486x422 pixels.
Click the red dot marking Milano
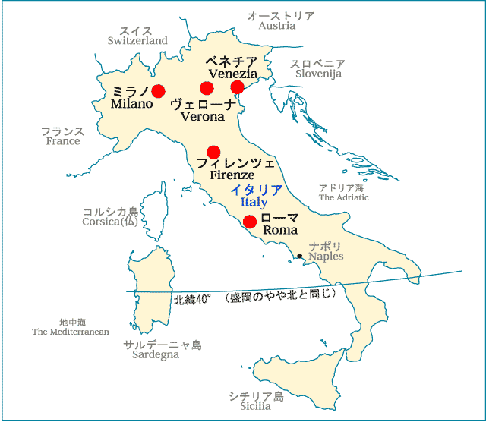tap(158, 91)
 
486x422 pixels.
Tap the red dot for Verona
tap(207, 88)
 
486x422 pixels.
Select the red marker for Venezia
tap(238, 88)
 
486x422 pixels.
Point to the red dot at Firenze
tap(213, 152)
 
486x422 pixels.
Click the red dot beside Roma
tap(249, 222)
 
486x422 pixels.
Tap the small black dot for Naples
tap(300, 256)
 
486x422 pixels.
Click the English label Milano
tap(131, 103)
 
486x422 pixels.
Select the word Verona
tap(203, 117)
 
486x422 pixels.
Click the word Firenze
tap(232, 175)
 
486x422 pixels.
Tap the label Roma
tap(279, 230)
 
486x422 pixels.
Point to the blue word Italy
tap(254, 203)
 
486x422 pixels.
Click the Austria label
tap(277, 26)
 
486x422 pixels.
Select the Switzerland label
tap(137, 40)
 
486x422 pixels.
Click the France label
tap(63, 141)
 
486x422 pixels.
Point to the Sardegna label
tap(156, 354)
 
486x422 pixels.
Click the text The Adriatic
tap(343, 197)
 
